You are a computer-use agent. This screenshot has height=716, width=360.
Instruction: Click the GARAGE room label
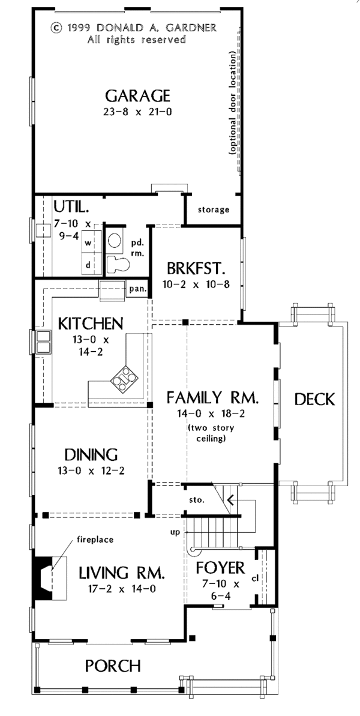coord(137,96)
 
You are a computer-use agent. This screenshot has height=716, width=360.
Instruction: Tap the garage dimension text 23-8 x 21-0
coord(137,112)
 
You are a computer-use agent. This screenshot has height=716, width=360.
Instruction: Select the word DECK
coord(314,399)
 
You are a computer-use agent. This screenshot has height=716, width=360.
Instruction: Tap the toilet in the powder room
coord(118,264)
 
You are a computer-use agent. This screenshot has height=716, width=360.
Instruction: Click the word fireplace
coord(95,540)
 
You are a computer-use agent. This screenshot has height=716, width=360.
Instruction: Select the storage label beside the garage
coord(213,209)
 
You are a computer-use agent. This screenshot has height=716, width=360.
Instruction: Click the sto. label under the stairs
coord(197,499)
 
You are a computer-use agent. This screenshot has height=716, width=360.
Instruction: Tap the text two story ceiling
coord(211,433)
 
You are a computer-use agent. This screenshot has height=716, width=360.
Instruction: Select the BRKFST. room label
coord(195,268)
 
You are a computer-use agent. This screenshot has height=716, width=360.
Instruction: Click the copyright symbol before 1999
coord(56,28)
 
